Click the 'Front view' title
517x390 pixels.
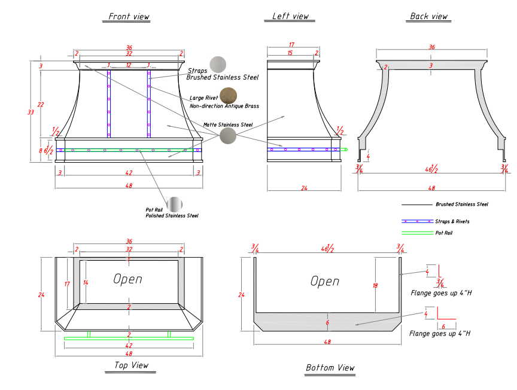(x=129, y=17)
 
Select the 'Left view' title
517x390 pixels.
(x=290, y=16)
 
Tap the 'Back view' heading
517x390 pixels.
(x=428, y=16)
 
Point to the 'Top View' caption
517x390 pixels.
(x=131, y=365)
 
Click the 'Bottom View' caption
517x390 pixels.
(x=330, y=368)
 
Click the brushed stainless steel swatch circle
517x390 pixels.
(x=218, y=65)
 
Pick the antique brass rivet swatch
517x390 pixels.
(x=228, y=96)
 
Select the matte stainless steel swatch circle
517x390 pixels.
(x=228, y=136)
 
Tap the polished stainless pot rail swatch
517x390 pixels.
(x=174, y=205)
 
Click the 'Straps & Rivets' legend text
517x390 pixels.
(x=452, y=221)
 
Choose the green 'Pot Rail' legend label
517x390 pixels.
(x=444, y=233)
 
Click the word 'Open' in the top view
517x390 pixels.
(x=127, y=279)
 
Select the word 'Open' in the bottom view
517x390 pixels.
(x=325, y=281)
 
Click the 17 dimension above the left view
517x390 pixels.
(x=291, y=45)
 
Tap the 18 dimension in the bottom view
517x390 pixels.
(x=375, y=286)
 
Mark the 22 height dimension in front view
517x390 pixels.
(x=41, y=105)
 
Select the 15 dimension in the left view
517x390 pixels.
(x=291, y=53)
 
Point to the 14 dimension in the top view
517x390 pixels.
(x=86, y=282)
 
